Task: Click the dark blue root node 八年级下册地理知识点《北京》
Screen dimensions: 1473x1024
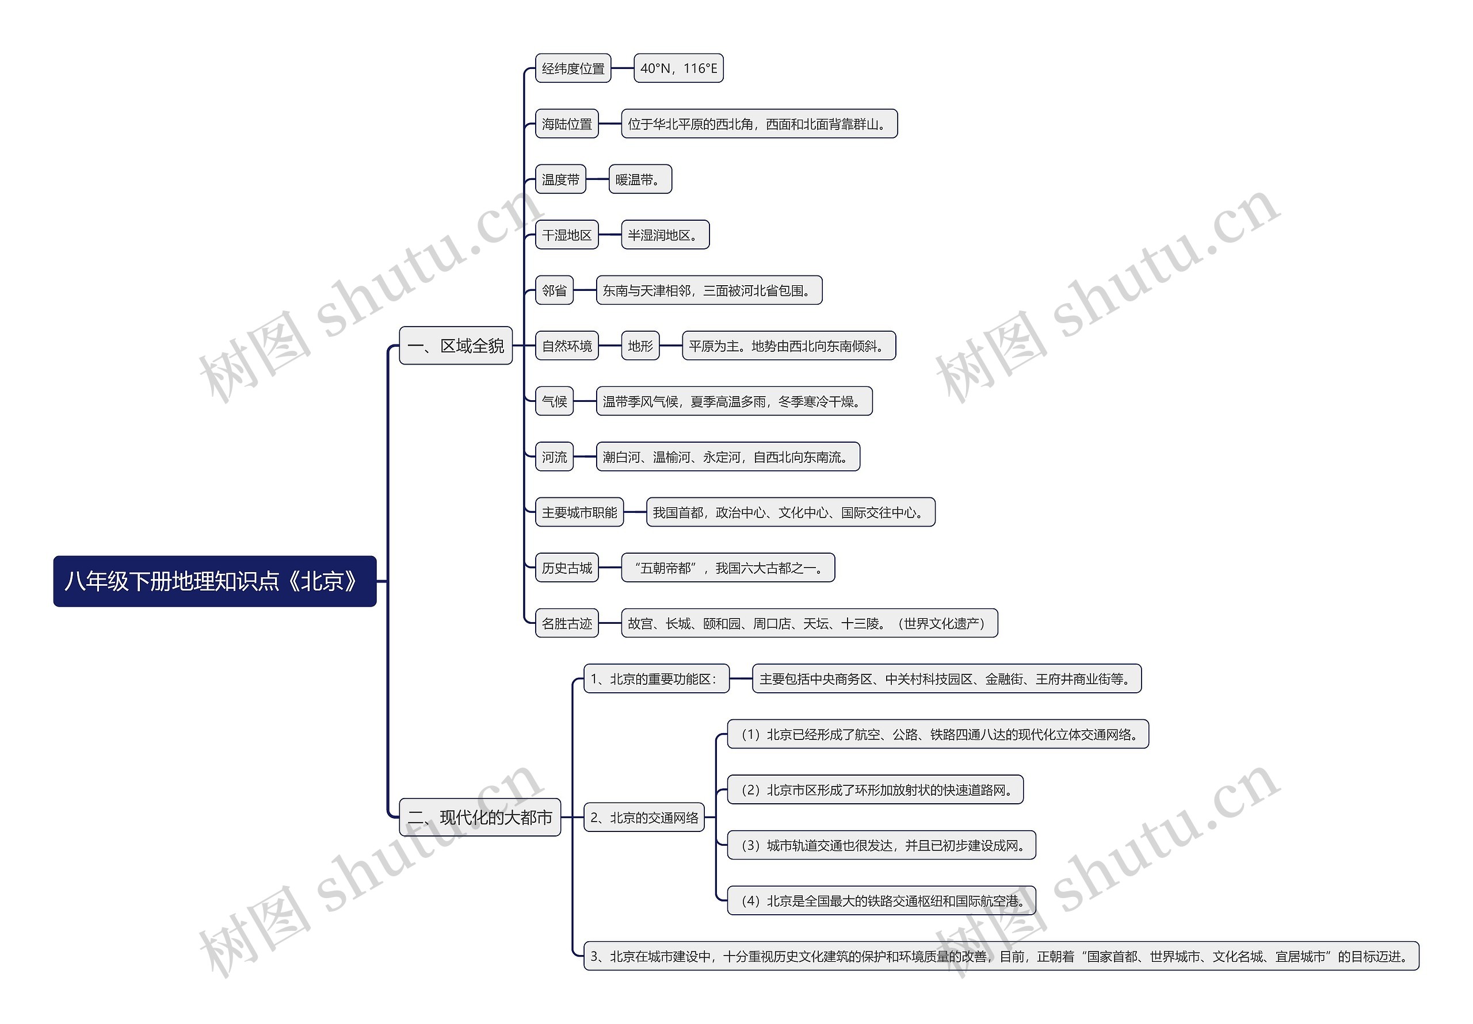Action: click(214, 581)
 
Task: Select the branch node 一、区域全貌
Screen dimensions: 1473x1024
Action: click(456, 346)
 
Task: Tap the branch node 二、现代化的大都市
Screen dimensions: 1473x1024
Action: click(480, 817)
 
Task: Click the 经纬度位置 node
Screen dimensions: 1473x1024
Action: click(573, 68)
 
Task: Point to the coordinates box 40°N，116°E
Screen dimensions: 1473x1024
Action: click(678, 68)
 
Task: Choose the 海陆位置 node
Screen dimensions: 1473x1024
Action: click(567, 124)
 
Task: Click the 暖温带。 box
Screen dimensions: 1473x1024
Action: click(640, 179)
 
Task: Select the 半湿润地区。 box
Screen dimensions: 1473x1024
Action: click(665, 235)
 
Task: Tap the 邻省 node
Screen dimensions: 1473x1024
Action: click(554, 290)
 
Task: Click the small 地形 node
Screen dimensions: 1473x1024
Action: click(640, 346)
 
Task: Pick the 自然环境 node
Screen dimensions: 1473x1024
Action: click(567, 346)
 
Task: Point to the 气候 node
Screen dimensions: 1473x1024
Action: click(554, 401)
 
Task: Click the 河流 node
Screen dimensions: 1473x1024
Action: click(554, 457)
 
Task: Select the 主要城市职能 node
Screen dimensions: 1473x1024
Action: click(579, 512)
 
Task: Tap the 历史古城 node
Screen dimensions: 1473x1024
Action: click(567, 567)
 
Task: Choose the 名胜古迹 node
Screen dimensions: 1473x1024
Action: click(567, 623)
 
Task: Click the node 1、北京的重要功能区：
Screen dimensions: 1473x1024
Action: click(657, 678)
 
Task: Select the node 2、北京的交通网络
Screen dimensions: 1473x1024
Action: click(644, 818)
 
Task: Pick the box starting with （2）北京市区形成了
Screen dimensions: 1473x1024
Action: click(875, 789)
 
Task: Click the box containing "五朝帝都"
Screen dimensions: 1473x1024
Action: click(727, 567)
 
